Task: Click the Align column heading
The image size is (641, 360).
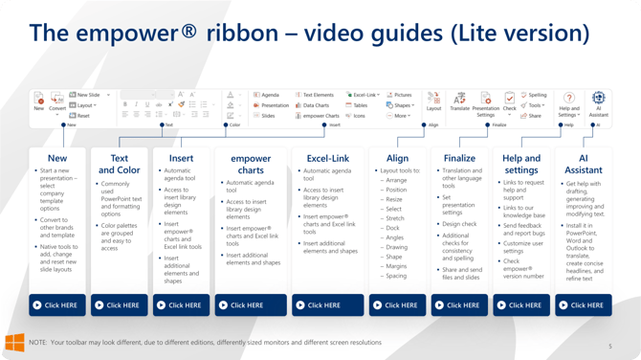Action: tap(397, 158)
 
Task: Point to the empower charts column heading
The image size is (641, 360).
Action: tap(251, 164)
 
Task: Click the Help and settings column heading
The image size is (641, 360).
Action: tap(521, 164)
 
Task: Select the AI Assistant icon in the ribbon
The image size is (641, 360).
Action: tap(598, 98)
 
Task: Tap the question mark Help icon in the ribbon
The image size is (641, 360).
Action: tap(568, 98)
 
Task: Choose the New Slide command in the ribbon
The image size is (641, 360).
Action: tap(89, 95)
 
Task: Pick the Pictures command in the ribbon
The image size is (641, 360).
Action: tap(400, 95)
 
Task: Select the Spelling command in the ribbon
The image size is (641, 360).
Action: tap(535, 95)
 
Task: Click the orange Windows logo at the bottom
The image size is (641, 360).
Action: tap(14, 342)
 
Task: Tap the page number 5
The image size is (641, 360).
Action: tap(610, 347)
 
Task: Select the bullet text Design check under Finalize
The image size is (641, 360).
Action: tap(460, 224)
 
